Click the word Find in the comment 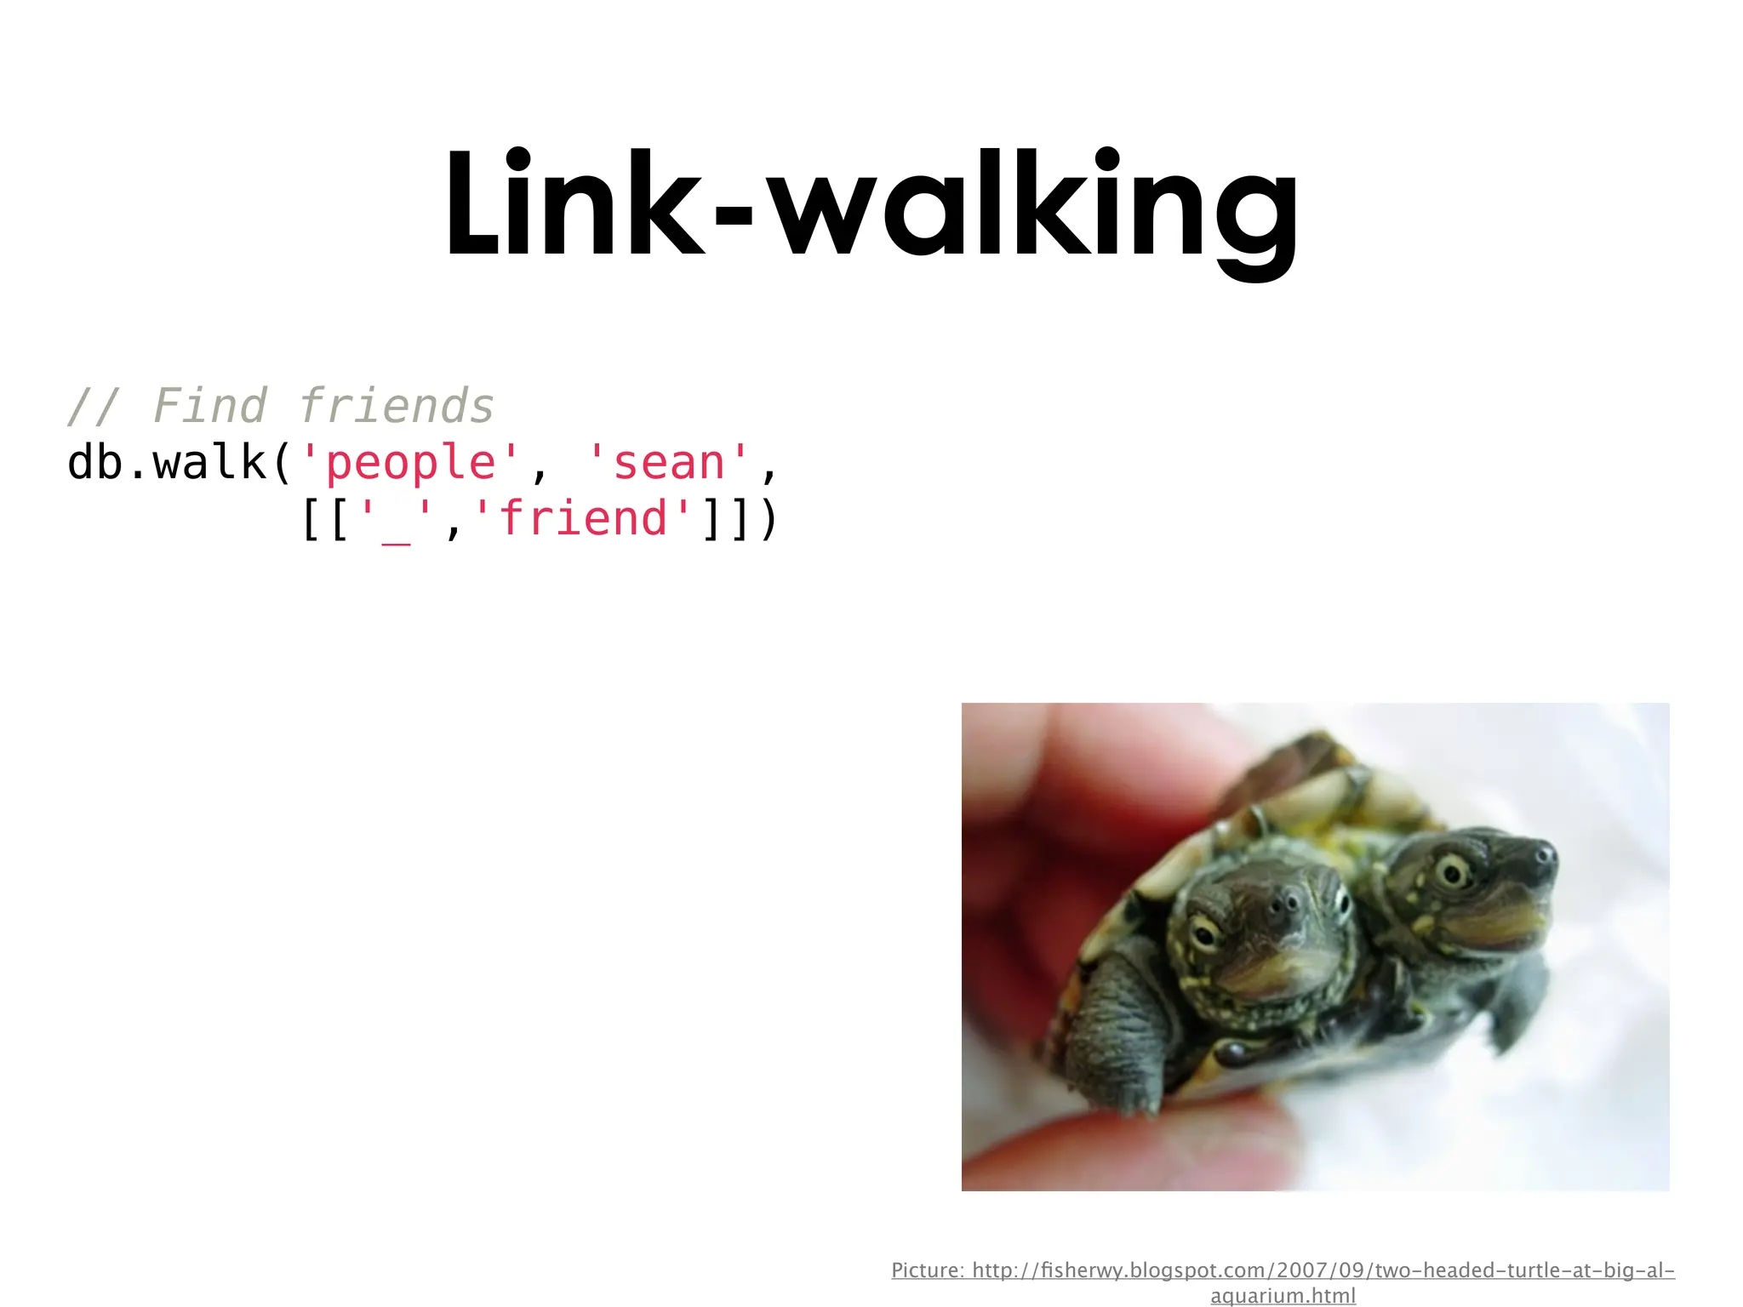point(209,406)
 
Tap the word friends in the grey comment point(397,406)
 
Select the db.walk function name point(167,463)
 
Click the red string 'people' point(409,463)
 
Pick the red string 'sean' point(669,463)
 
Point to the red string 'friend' point(583,518)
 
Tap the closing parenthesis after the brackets point(768,518)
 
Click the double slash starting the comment point(94,406)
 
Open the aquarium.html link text point(1283,1296)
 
